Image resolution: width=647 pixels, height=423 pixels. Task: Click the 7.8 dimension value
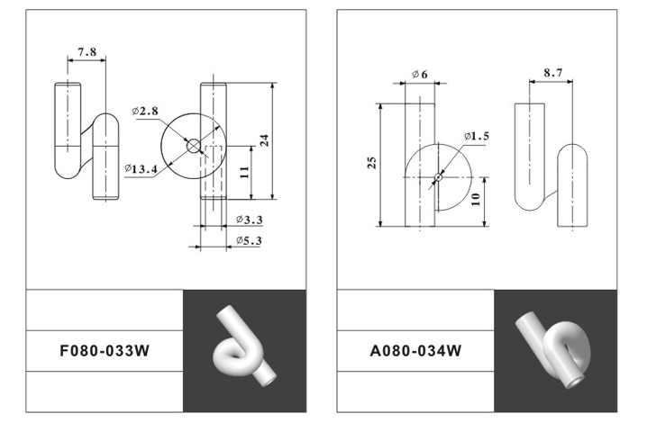(87, 54)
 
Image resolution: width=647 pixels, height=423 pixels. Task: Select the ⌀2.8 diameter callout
(145, 111)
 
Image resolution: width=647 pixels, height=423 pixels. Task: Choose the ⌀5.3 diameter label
(249, 240)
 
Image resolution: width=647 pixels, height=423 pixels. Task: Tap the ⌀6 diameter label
(419, 73)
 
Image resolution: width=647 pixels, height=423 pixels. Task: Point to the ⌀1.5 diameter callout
(477, 136)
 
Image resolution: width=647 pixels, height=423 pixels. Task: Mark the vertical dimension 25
(371, 163)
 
